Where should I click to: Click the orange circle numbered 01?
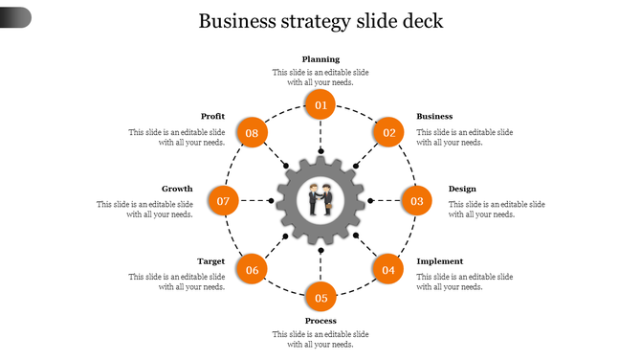click(x=320, y=105)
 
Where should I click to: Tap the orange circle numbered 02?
click(x=388, y=132)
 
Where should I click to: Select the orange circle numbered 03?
click(x=417, y=201)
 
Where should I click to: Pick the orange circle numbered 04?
click(x=387, y=270)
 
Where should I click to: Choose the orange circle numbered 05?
click(x=320, y=298)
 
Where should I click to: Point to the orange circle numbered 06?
click(x=252, y=270)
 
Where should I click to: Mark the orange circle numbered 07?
click(x=223, y=201)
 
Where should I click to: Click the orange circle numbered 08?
click(x=252, y=132)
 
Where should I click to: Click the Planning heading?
click(x=320, y=59)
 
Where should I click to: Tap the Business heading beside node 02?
click(x=434, y=117)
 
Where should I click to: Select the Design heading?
click(x=462, y=189)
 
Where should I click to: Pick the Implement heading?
click(x=440, y=261)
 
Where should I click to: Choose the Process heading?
click(x=320, y=321)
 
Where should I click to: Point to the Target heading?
click(x=211, y=261)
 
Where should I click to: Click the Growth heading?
click(x=177, y=189)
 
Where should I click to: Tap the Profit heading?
click(x=213, y=117)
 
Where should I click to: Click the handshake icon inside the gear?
click(x=320, y=201)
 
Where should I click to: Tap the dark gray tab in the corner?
click(x=15, y=16)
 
